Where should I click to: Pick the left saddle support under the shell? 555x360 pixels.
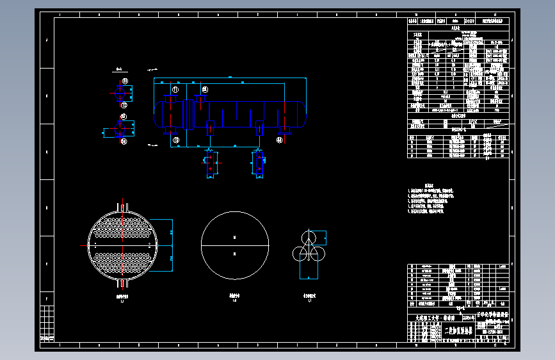pyautogui.click(x=209, y=126)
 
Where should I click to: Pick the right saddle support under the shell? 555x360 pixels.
pyautogui.click(x=259, y=126)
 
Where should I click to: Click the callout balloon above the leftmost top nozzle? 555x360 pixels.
pyautogui.click(x=175, y=90)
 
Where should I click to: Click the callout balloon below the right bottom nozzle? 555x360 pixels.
pyautogui.click(x=280, y=139)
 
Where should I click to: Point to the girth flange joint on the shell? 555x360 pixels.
pyautogui.click(x=188, y=115)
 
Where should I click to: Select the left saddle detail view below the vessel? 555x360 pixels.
pyautogui.click(x=209, y=163)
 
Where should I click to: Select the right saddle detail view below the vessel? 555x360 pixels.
pyautogui.click(x=258, y=163)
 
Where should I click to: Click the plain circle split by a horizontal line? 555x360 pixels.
pyautogui.click(x=234, y=245)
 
